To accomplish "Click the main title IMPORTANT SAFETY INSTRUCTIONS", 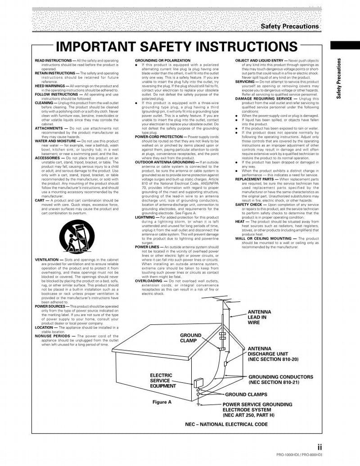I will pyautogui.click(x=176, y=47).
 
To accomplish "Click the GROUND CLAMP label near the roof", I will pyautogui.click(x=191, y=338).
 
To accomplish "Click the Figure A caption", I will pyautogui.click(x=162, y=402).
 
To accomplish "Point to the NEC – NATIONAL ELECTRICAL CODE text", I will pyautogui.click(x=226, y=424).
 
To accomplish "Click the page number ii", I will pyautogui.click(x=319, y=447).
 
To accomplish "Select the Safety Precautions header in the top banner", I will pyautogui.click(x=290, y=27).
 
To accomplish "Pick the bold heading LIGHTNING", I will pyautogui.click(x=145, y=217).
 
